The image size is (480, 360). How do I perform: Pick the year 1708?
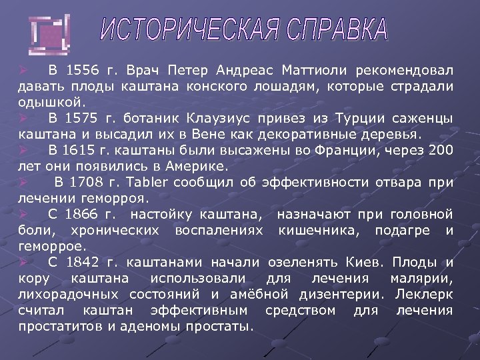pos(89,182)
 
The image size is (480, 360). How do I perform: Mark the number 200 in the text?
pos(441,150)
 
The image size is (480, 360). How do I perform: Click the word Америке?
pos(197,166)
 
